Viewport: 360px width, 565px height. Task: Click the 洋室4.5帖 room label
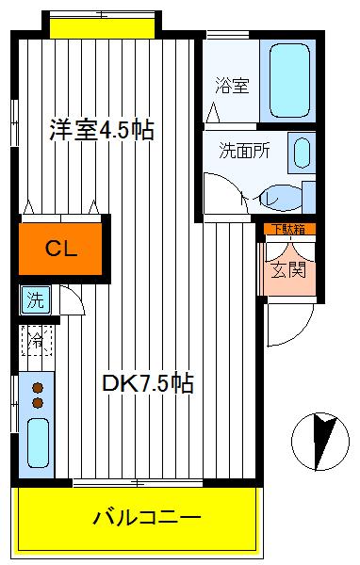click(101, 131)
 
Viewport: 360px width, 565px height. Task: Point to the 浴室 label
click(233, 87)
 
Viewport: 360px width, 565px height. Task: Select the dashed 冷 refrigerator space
click(35, 340)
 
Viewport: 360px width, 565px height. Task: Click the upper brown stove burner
click(38, 386)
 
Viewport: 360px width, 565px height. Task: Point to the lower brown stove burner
click(38, 403)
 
